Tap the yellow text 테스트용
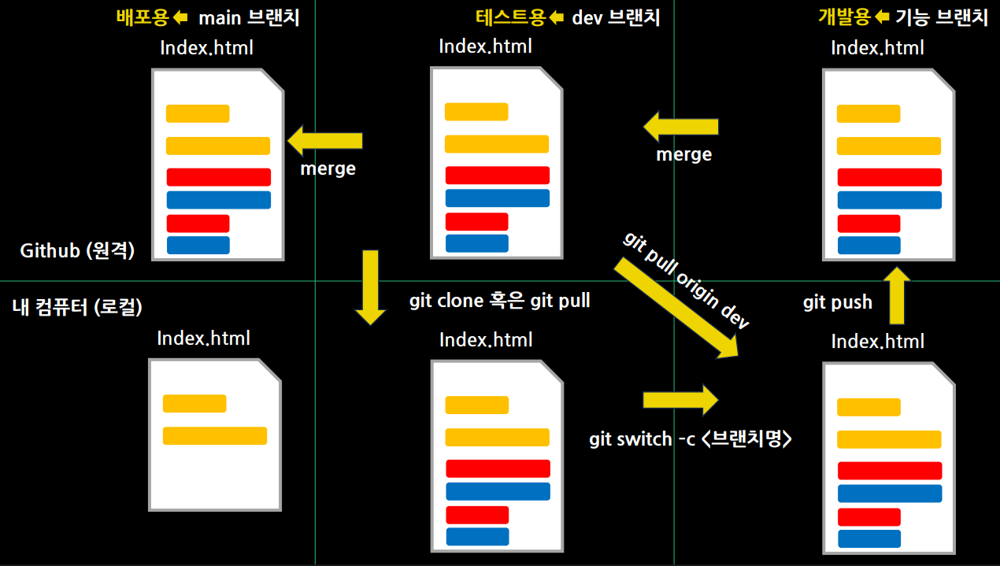click(x=510, y=17)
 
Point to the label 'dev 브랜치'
click(x=616, y=17)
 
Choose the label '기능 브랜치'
click(x=942, y=17)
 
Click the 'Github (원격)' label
click(x=78, y=251)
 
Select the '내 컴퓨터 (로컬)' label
click(x=77, y=307)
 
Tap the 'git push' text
click(x=838, y=302)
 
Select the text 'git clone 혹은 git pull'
click(x=500, y=301)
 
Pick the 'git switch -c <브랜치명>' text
click(x=690, y=439)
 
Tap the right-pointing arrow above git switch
click(x=680, y=399)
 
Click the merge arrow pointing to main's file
click(x=324, y=142)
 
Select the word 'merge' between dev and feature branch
click(x=683, y=154)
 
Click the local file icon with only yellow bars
click(x=215, y=434)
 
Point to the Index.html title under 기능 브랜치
click(x=877, y=48)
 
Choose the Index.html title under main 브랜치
click(x=206, y=47)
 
